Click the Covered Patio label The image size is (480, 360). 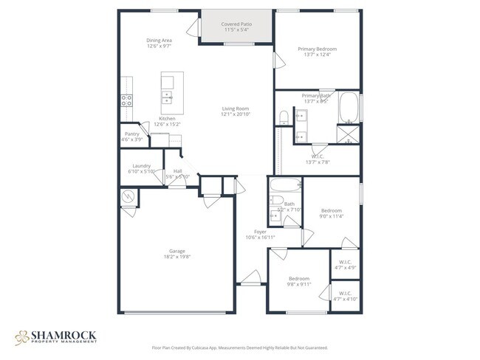click(x=237, y=24)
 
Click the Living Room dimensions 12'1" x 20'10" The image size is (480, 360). click(x=236, y=114)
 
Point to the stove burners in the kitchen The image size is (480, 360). click(x=126, y=100)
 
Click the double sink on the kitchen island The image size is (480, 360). click(x=168, y=96)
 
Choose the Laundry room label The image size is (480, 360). click(x=141, y=166)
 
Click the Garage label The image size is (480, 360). click(x=176, y=251)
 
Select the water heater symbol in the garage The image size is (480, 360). click(x=128, y=196)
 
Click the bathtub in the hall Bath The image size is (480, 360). click(x=285, y=185)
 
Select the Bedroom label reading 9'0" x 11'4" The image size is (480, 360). click(x=331, y=210)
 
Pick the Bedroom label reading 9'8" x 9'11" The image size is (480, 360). click(x=300, y=278)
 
